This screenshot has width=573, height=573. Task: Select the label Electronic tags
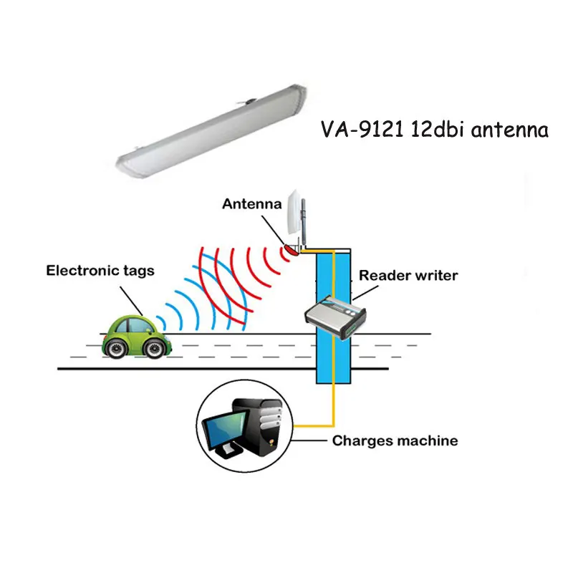tap(100, 271)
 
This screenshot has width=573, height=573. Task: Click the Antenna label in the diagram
tap(251, 203)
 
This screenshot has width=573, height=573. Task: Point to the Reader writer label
tap(408, 275)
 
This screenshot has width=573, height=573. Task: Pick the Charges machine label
tap(395, 440)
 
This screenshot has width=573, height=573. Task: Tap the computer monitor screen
tap(223, 432)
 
